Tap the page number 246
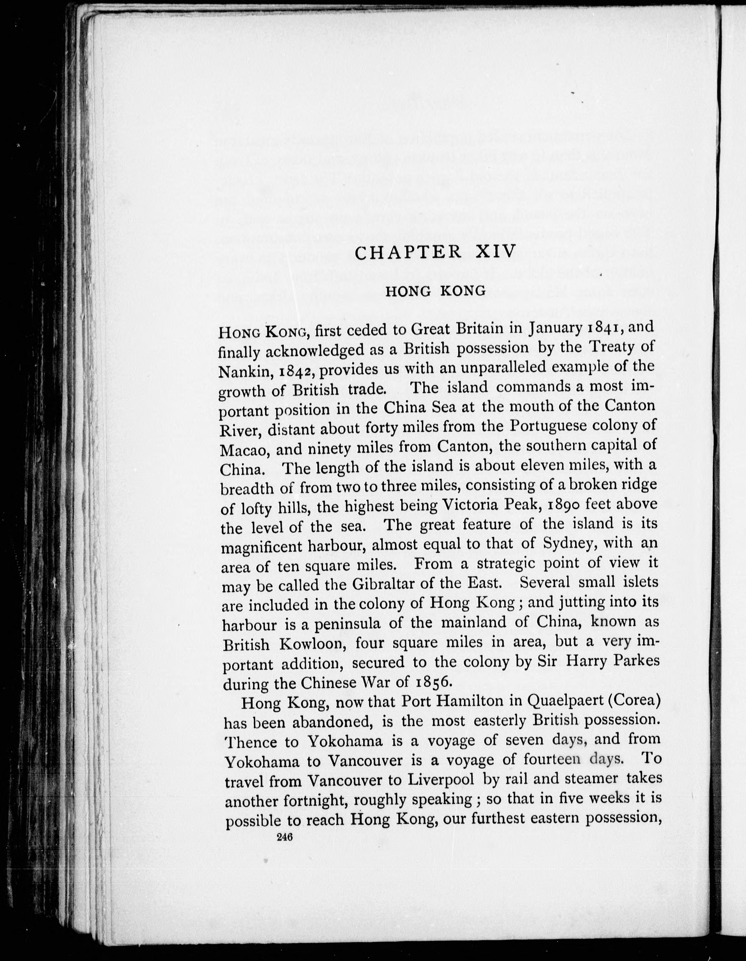[285, 837]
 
